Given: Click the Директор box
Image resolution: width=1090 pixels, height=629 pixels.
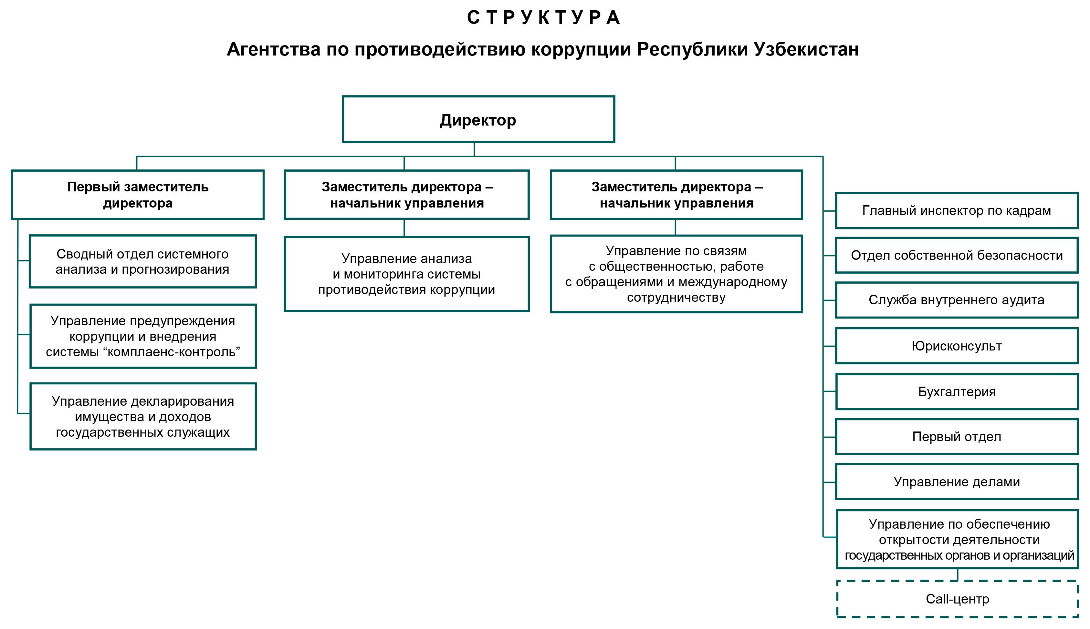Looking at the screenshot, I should coord(478,119).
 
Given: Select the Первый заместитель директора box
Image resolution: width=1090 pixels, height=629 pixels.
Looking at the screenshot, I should coord(138,195).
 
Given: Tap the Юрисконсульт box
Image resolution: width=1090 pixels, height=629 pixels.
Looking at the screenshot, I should coord(956,346).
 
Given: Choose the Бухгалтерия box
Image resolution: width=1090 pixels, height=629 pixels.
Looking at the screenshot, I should coord(956,392).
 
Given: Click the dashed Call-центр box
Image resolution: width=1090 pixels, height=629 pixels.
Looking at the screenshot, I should coord(957,599).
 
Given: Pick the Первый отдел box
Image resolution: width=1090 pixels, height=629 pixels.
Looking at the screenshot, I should coord(956,437).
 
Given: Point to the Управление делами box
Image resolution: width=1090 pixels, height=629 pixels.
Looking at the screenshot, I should coord(956,482).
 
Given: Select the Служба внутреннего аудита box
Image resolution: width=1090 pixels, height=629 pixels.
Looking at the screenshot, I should coord(956,300).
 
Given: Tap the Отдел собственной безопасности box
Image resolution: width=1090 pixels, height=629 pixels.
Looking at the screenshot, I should coord(956,255).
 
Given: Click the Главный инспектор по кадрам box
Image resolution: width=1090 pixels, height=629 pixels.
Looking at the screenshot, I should coord(956,210).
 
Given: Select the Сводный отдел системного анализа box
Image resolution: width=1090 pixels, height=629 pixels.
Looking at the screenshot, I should coord(143,261).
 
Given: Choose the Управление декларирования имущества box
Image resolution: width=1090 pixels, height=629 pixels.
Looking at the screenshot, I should coord(143,416).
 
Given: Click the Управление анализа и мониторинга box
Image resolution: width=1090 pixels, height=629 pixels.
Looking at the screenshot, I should coord(406,274).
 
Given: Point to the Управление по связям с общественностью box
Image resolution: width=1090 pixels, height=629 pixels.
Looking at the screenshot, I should coord(676,274).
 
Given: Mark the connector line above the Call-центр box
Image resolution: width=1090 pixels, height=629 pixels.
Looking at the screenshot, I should coord(957,574).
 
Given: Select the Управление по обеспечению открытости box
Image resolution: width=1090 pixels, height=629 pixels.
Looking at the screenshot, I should coord(957,539).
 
